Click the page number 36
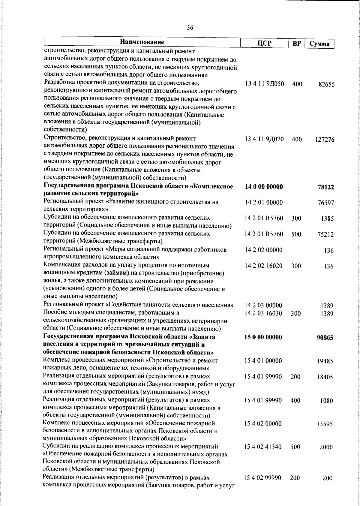pos(190,28)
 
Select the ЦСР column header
pos(264,43)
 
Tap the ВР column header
pos(296,44)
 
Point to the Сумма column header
pos(319,44)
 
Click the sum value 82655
pos(326,85)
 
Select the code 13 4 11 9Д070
pos(264,139)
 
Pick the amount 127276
pos(325,140)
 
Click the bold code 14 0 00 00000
pos(264,187)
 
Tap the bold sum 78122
pos(326,187)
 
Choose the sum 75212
pos(326,235)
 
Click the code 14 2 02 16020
pos(264,266)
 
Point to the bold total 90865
pos(325,338)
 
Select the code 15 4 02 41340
pos(263,447)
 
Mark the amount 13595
pos(325,424)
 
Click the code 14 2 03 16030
pos(264,313)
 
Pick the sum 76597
pos(326,203)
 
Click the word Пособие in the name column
pos(55,313)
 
